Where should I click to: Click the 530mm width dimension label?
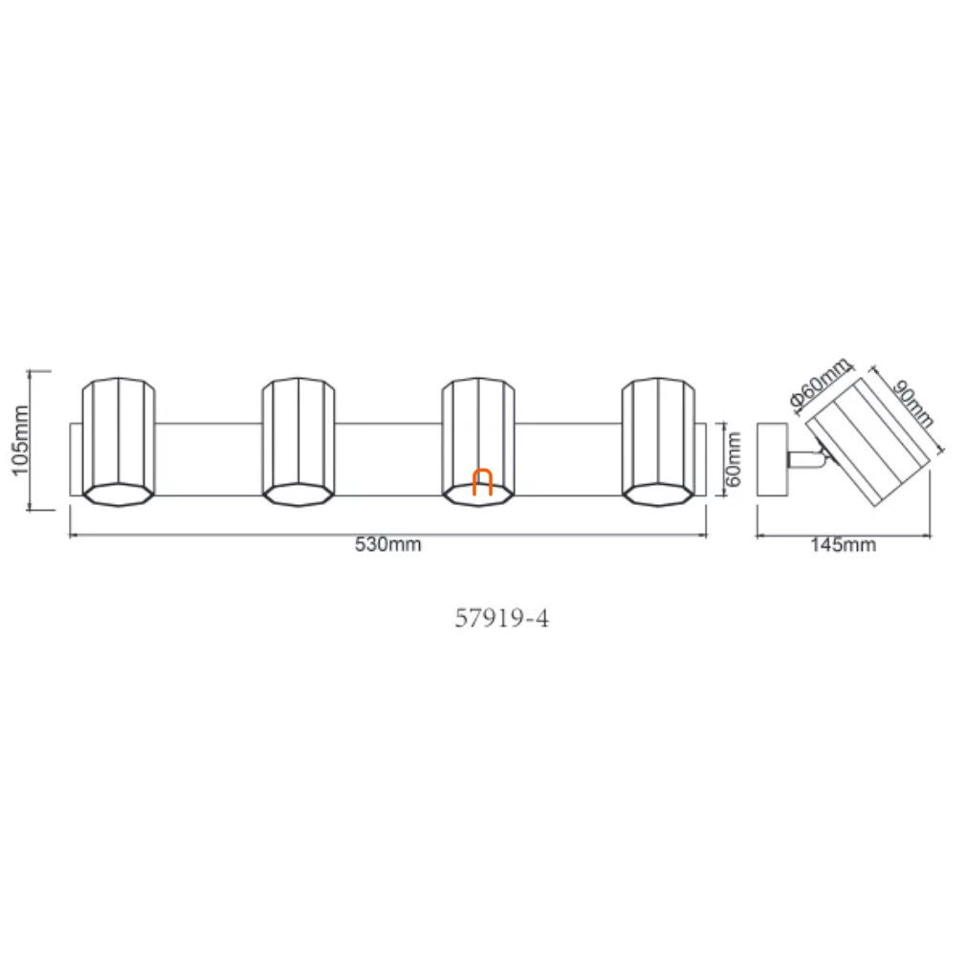pos(387,544)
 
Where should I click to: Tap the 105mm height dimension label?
pos(20,440)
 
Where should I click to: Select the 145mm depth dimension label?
pos(843,544)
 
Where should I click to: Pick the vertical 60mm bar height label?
pos(734,459)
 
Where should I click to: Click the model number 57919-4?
pos(501,618)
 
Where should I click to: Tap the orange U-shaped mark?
pos(482,482)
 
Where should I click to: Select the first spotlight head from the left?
pos(119,442)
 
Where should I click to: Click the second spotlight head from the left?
pos(298,442)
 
